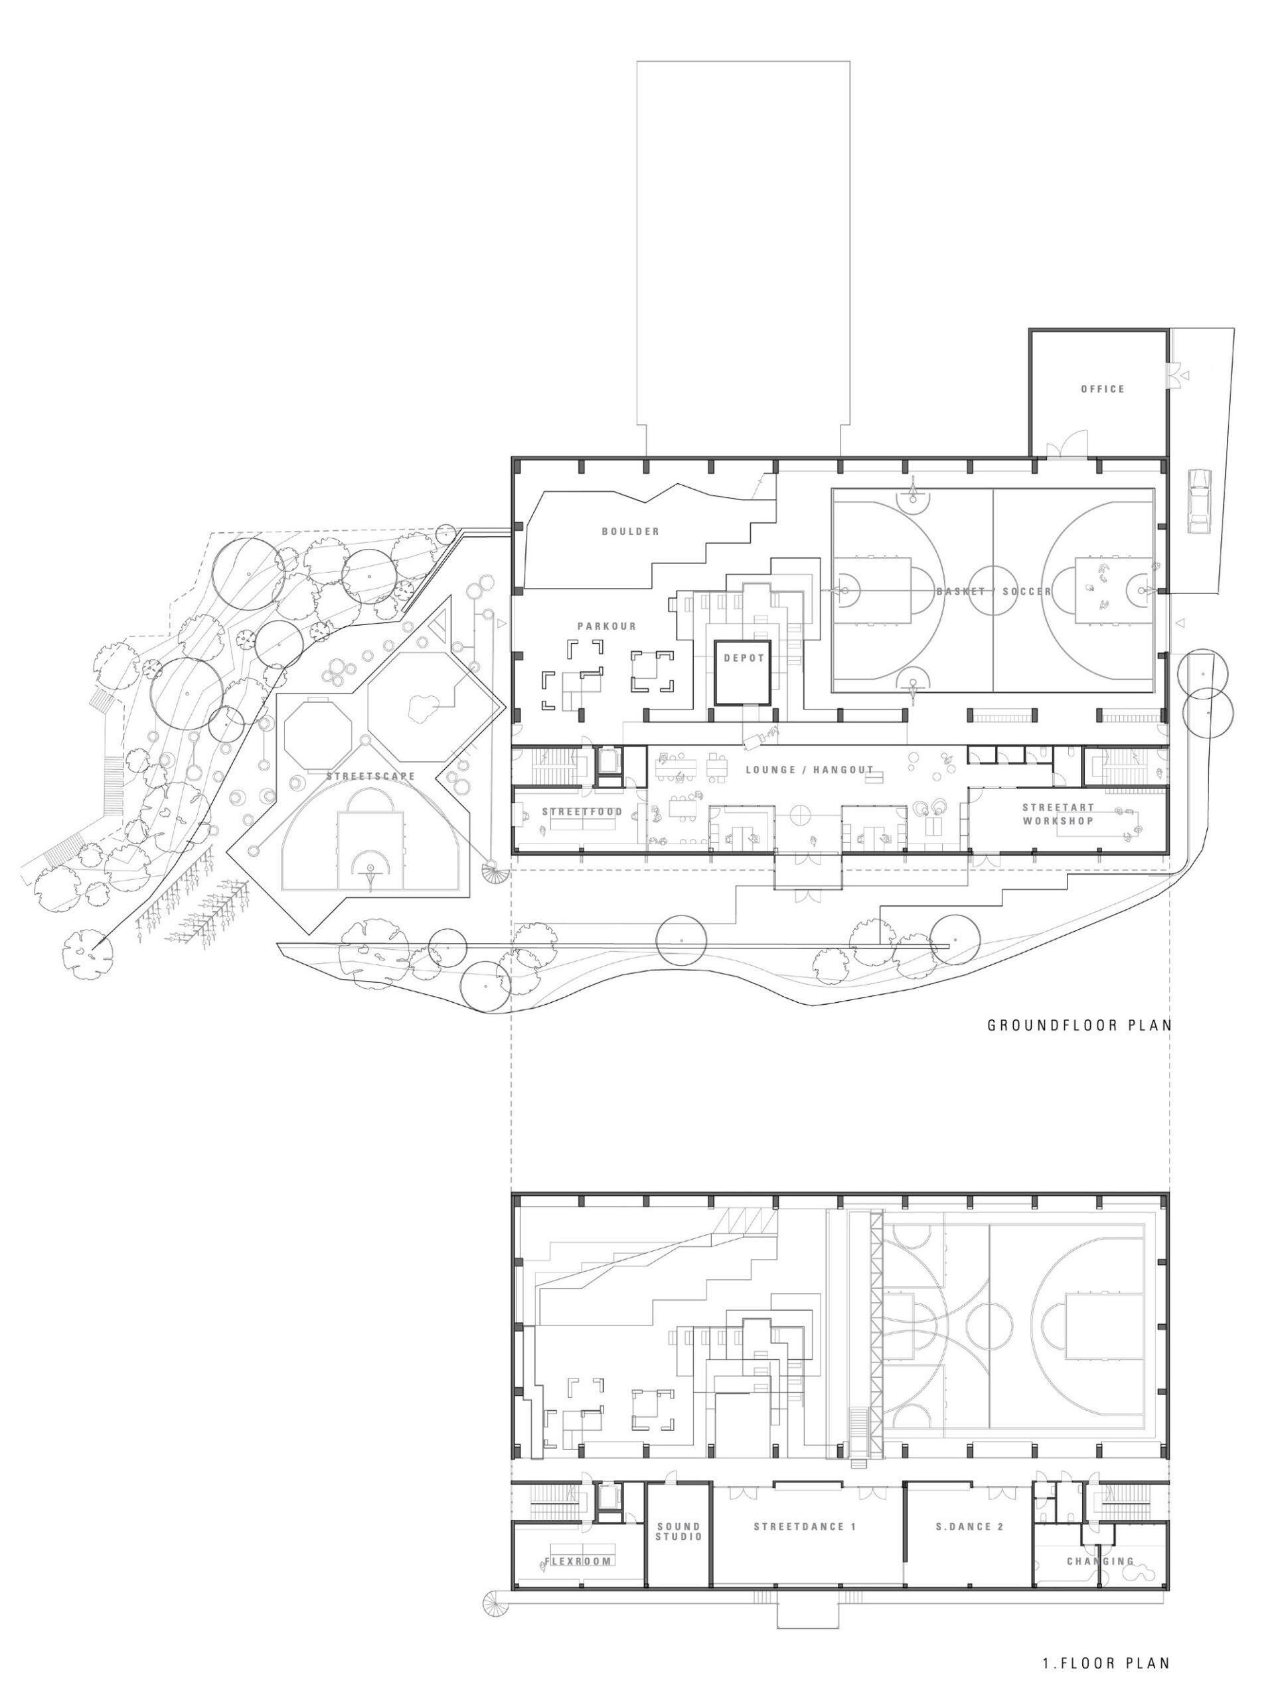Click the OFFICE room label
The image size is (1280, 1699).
point(1103,390)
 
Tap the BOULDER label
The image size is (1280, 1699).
point(630,531)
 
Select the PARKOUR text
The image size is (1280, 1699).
point(607,626)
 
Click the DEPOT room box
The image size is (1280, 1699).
point(742,673)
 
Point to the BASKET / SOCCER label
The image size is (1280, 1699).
point(994,591)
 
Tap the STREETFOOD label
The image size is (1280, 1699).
point(582,812)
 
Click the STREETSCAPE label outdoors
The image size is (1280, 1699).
point(370,776)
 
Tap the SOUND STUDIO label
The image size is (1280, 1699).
point(679,1532)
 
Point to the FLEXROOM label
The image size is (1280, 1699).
point(578,1562)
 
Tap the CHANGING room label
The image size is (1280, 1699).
point(1100,1562)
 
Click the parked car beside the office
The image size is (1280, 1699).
point(1198,500)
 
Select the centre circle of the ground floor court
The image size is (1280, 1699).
point(993,591)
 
